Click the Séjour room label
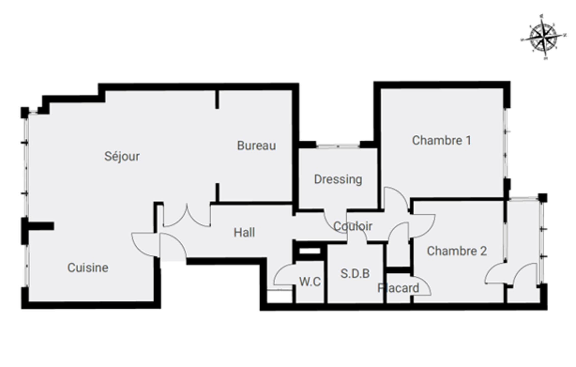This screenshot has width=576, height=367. point(122,156)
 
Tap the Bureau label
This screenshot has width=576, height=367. point(256,146)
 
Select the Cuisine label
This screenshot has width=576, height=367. point(88,268)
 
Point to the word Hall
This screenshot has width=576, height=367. point(244,232)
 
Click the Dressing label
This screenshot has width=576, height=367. point(338,179)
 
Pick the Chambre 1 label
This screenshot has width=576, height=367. point(442,140)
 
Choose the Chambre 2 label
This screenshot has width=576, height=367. point(457,251)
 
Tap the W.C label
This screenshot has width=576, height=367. point(310,282)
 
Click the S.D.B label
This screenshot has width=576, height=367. point(355,273)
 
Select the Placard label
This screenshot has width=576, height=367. point(398,288)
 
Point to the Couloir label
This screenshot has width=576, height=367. point(353,226)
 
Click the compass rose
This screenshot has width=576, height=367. point(543,37)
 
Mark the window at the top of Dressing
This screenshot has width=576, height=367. point(338,146)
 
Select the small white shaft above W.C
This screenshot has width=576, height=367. point(310,251)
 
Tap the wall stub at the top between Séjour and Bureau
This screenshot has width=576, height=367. point(217,99)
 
